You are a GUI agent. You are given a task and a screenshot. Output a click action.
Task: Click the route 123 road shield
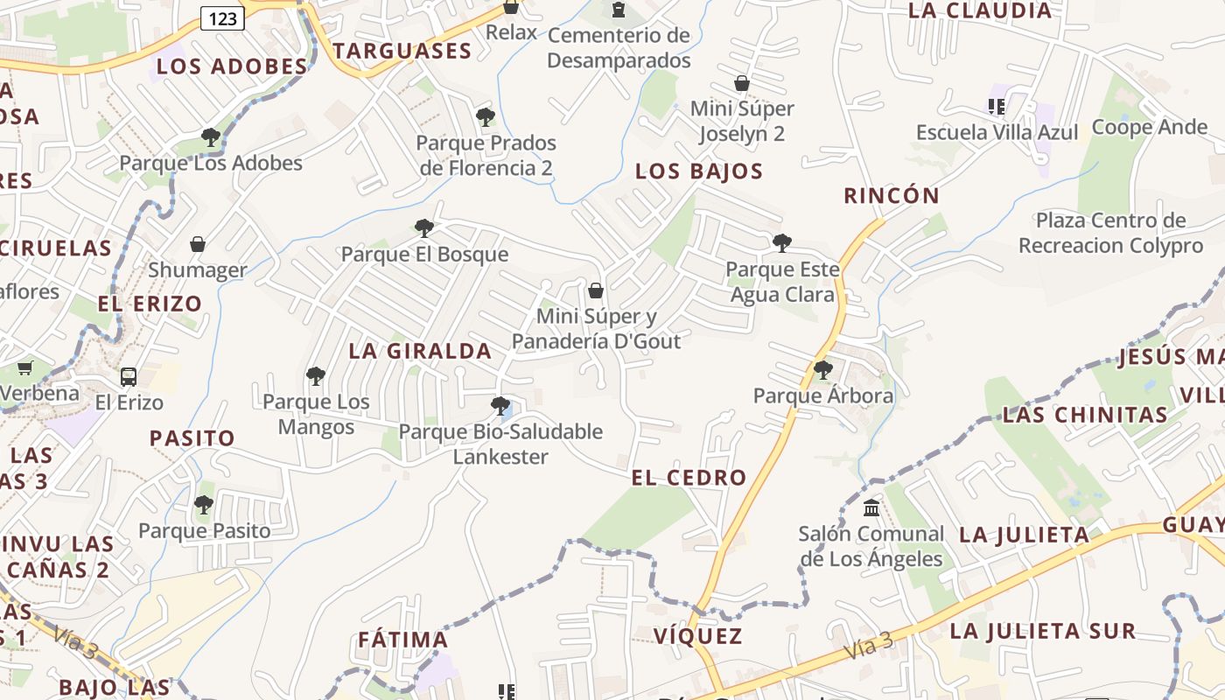point(222,17)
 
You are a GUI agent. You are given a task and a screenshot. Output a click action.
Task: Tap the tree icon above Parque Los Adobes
point(210,137)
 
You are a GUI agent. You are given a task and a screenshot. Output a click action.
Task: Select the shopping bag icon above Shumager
point(198,244)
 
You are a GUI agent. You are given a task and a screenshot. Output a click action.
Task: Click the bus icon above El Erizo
point(129,377)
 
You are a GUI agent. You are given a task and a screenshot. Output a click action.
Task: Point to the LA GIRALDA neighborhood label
point(420,351)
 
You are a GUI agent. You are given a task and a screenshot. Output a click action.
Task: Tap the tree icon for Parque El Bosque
point(424,228)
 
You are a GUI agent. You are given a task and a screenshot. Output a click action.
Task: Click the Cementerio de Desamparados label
point(619,48)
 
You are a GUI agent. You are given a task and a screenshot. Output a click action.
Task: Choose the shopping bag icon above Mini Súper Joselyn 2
point(742,84)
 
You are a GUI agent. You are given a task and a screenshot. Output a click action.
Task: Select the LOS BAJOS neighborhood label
point(699,171)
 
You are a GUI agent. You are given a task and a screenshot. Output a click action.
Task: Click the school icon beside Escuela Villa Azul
point(996,107)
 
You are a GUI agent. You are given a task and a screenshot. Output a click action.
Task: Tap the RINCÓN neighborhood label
point(892,195)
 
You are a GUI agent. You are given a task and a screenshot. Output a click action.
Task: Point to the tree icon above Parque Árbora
point(823,370)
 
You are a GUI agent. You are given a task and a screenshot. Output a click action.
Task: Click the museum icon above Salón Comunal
point(871,507)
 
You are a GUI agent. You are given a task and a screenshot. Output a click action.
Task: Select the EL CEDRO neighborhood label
point(689,478)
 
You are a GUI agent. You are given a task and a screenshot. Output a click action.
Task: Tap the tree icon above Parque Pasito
point(204,505)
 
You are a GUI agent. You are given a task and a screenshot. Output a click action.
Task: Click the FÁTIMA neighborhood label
point(402,640)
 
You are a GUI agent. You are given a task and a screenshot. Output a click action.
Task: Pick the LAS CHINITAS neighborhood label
point(1085,415)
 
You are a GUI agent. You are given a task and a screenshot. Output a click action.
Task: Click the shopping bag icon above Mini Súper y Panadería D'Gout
point(596,290)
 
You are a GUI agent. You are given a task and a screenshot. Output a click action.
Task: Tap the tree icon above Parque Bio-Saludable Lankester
point(500,406)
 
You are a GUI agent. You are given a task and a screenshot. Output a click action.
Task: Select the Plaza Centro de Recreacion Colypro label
point(1111,233)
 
